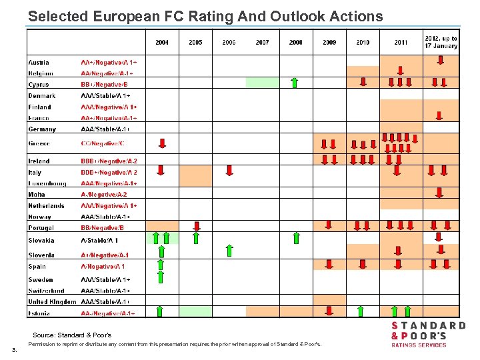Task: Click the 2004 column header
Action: (162, 43)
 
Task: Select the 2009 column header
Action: (329, 43)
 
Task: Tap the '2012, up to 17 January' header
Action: (441, 42)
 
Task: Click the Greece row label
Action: (39, 144)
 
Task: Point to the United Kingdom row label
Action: (52, 302)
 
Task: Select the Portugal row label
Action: (41, 228)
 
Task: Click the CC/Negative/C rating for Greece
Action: (103, 144)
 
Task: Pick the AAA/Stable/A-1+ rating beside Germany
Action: (105, 129)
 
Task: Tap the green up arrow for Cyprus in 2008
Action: (295, 83)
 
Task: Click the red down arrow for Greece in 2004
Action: (162, 143)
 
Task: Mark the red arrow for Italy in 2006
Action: (229, 170)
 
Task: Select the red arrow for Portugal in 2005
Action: (196, 225)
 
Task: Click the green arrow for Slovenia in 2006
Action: (229, 251)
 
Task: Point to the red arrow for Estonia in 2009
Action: (329, 311)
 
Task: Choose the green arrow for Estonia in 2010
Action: (360, 311)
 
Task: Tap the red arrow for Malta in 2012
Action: (439, 193)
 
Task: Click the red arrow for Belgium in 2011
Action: (400, 71)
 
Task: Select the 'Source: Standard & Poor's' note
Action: (72, 335)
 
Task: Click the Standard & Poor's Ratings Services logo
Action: (427, 334)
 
